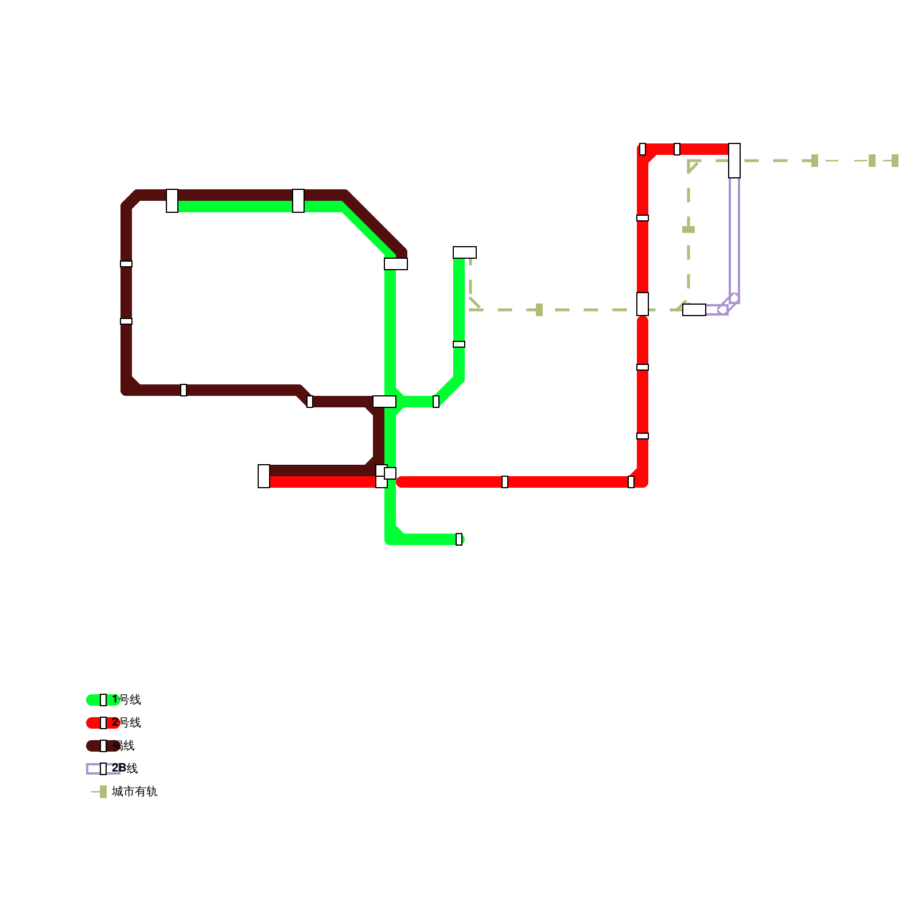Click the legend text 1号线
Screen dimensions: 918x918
coord(127,699)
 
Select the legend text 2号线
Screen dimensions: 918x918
coord(127,722)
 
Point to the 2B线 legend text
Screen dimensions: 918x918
coord(125,768)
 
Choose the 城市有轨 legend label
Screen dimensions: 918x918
coord(135,791)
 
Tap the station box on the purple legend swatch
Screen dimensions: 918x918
coord(103,768)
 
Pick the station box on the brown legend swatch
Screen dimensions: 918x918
coord(103,745)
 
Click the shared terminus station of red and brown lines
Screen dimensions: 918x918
coord(264,476)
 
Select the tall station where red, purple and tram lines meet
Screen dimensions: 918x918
coord(734,161)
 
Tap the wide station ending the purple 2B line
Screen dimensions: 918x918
coord(694,310)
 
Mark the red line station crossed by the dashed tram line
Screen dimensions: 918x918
coord(643,304)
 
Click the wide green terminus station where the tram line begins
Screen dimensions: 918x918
coord(465,252)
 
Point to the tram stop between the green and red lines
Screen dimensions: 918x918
coord(539,310)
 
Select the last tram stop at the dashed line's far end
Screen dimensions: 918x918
coord(895,161)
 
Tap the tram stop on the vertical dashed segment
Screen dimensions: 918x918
coord(688,229)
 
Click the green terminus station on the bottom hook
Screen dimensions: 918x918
coord(459,539)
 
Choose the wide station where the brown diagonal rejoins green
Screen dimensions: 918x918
coord(396,264)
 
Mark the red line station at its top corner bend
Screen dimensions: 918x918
coord(643,149)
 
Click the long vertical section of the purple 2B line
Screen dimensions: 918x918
coord(734,235)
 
